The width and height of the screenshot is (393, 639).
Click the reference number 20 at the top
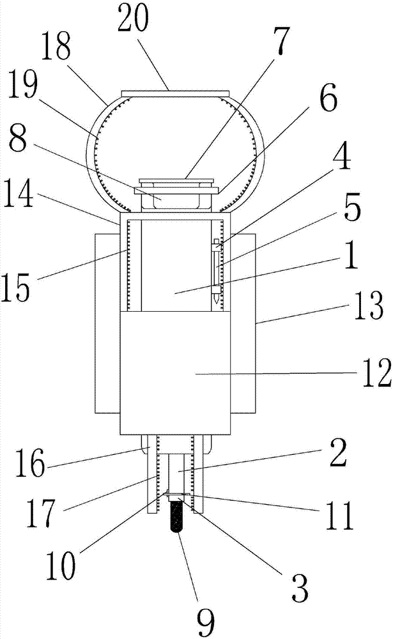click(132, 19)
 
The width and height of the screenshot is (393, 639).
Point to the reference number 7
click(281, 41)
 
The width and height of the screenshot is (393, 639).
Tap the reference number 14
click(17, 194)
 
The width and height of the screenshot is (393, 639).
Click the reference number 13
click(369, 305)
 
